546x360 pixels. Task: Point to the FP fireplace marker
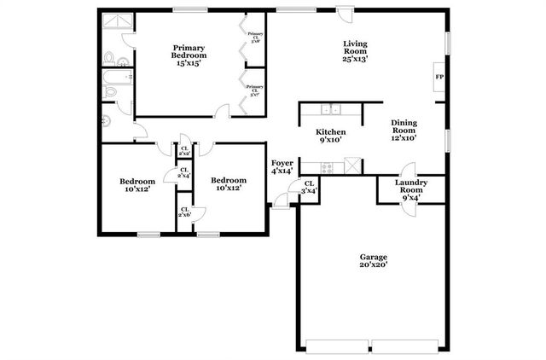click(440, 78)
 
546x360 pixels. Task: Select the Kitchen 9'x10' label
click(330, 136)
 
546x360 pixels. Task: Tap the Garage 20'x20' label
click(373, 260)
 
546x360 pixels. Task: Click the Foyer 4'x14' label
click(282, 166)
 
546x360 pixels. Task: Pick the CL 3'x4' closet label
click(309, 187)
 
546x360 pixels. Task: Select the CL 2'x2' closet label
click(183, 151)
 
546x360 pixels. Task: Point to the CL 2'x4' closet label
click(183, 174)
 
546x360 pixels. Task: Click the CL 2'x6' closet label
click(184, 212)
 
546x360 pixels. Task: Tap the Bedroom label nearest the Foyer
click(229, 184)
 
